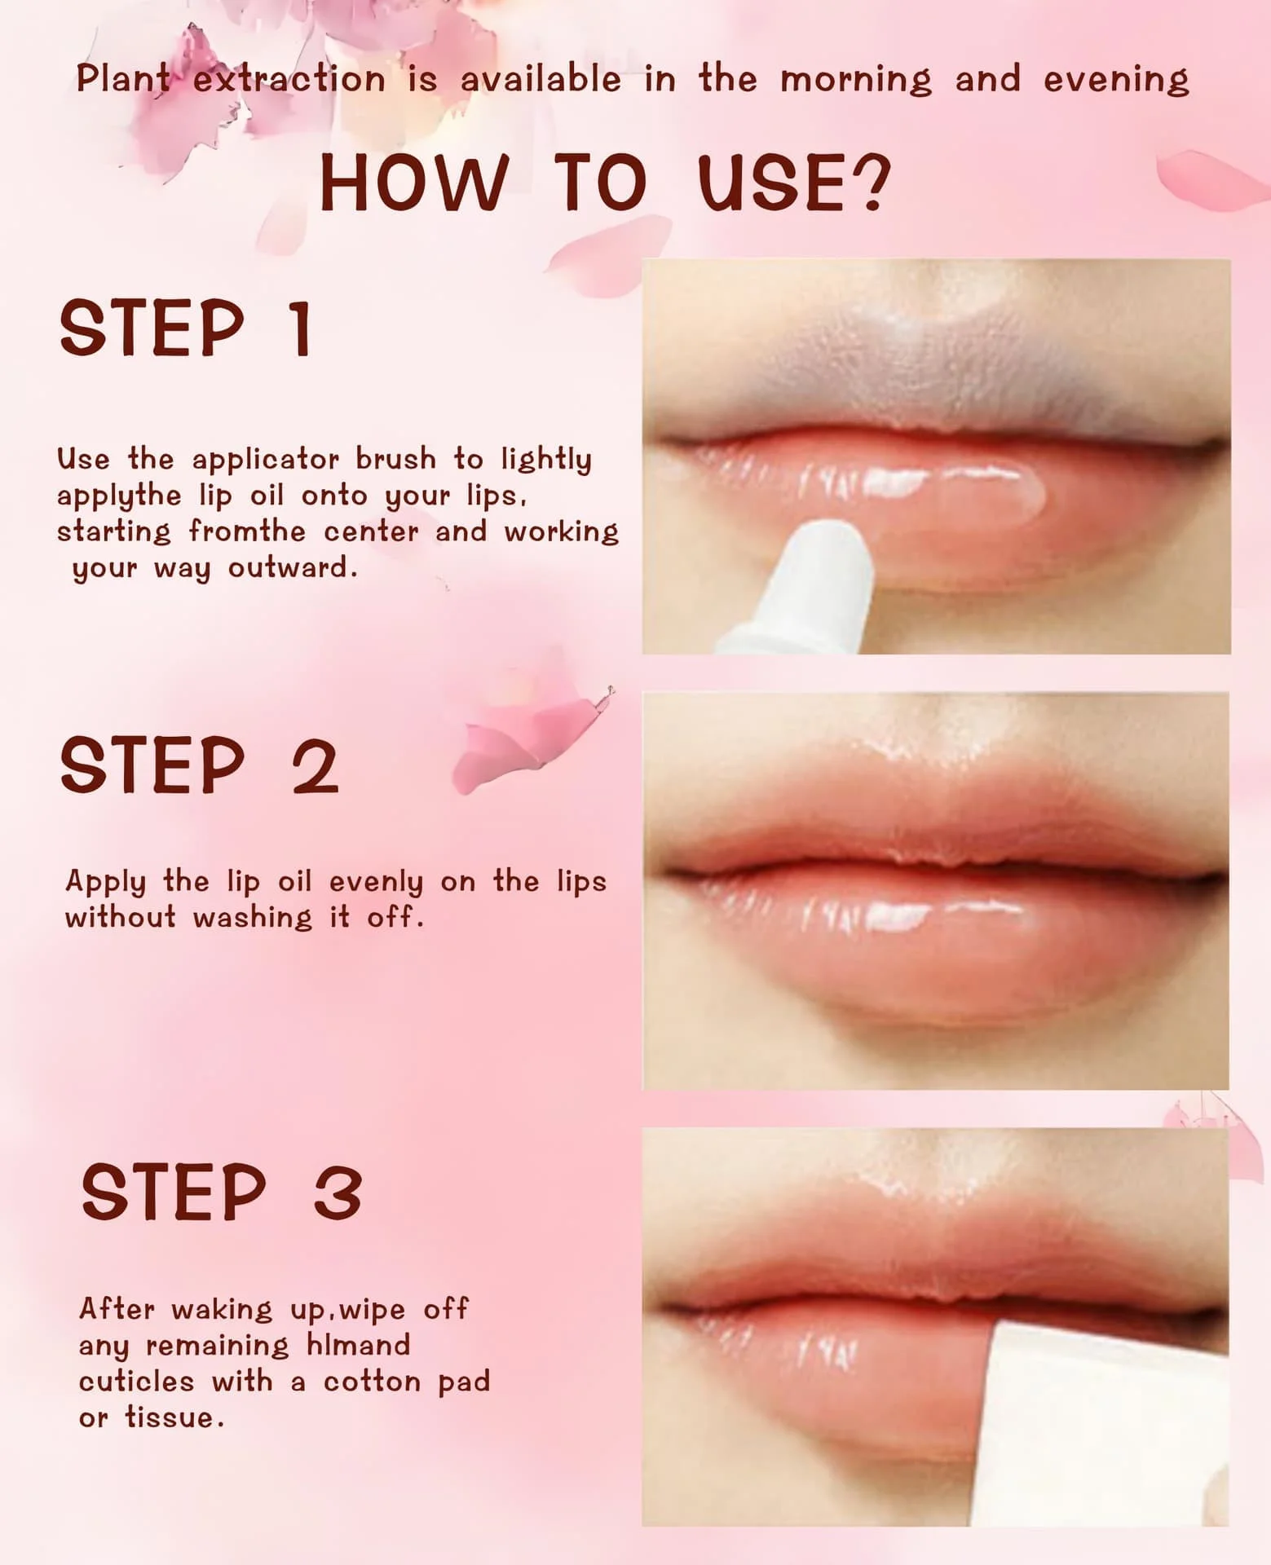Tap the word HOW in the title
pyautogui.click(x=414, y=183)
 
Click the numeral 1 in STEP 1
pyautogui.click(x=301, y=328)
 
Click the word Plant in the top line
pyautogui.click(x=123, y=79)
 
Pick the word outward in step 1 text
pyautogui.click(x=292, y=567)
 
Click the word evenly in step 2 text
pyautogui.click(x=376, y=883)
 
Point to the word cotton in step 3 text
pyautogui.click(x=370, y=1382)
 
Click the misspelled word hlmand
pyautogui.click(x=358, y=1345)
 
